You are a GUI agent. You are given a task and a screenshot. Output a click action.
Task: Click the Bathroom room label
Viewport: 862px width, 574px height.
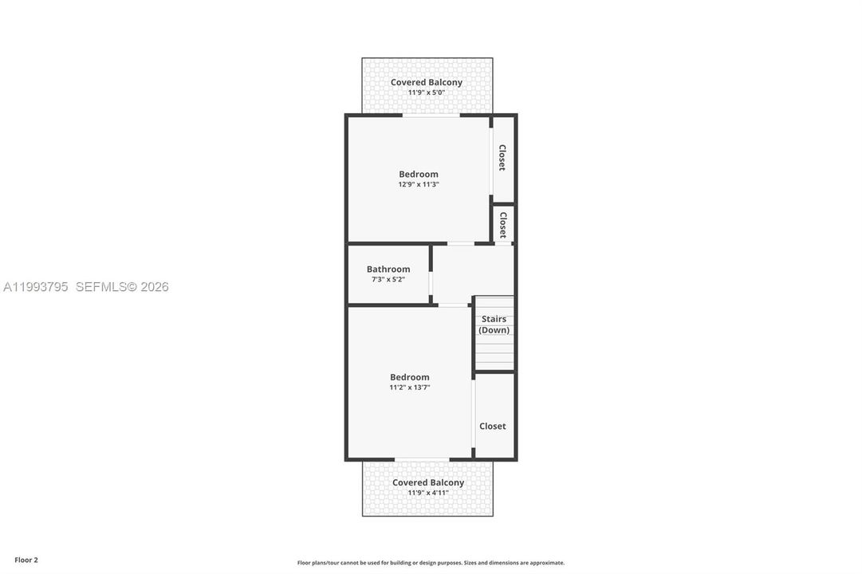(x=388, y=269)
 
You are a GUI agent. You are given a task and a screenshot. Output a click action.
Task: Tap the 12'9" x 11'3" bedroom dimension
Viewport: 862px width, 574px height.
(x=419, y=185)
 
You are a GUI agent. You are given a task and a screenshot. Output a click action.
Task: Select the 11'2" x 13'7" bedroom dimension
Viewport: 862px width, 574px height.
(x=410, y=387)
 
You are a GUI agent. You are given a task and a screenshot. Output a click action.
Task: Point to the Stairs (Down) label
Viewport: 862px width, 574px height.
(x=494, y=324)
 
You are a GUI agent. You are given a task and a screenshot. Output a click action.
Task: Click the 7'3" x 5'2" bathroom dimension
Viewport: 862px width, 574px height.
(x=388, y=280)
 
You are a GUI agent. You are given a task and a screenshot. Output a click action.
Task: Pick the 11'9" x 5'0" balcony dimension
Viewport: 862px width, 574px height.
(x=426, y=93)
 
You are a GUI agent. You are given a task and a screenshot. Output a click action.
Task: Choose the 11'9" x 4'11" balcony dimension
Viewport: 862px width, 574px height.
(x=427, y=493)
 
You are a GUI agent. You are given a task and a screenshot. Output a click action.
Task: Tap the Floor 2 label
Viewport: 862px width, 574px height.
(x=26, y=560)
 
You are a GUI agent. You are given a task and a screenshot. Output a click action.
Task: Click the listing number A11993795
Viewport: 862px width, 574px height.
(x=36, y=287)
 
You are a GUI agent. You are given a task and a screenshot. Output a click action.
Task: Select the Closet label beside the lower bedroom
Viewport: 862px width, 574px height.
(x=493, y=426)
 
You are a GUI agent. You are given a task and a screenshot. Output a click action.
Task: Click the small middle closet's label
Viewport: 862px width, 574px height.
(x=502, y=225)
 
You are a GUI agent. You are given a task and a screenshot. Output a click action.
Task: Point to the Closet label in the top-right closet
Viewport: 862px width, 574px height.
(x=502, y=158)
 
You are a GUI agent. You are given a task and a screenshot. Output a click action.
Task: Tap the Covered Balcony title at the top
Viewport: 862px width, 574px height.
(x=427, y=82)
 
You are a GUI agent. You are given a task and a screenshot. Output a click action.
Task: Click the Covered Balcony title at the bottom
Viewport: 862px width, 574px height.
(x=428, y=483)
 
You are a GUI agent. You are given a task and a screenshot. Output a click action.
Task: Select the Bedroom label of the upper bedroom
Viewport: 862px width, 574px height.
(x=419, y=175)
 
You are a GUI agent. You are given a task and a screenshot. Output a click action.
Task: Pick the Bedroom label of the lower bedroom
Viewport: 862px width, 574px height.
(x=410, y=377)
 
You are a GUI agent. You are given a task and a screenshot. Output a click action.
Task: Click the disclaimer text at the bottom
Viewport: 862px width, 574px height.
(x=431, y=563)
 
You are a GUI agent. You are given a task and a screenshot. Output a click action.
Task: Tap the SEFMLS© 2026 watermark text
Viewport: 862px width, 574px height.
(x=122, y=287)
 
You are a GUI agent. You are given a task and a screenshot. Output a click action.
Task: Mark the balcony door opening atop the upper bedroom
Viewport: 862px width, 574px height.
(x=431, y=116)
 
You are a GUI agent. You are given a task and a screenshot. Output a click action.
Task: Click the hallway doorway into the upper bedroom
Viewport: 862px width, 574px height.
(x=461, y=244)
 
